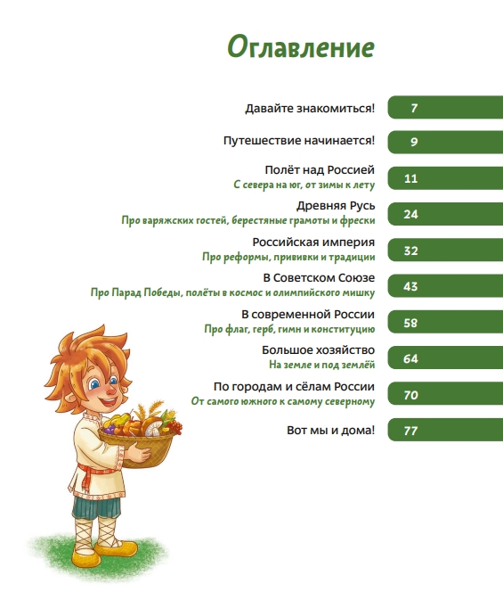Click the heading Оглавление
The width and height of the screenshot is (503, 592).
point(301,47)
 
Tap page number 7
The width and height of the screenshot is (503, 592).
point(414,109)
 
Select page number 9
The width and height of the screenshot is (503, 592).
point(414,142)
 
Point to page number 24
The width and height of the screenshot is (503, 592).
point(410,215)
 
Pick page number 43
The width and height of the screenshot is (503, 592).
point(410,286)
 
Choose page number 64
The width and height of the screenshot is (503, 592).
point(410,358)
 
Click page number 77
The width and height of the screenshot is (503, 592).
point(410,431)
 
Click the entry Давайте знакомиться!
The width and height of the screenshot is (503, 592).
point(310,109)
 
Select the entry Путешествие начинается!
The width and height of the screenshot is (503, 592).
point(299,141)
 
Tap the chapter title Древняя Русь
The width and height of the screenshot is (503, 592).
point(336,206)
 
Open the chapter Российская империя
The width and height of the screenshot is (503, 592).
point(313,242)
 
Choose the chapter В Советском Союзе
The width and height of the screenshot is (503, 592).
point(319,278)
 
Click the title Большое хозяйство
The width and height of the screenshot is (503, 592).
point(318,350)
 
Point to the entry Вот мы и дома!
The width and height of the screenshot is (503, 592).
point(330,430)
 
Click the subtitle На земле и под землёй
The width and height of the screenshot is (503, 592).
point(321,365)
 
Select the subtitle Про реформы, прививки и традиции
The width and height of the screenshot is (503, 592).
point(288,257)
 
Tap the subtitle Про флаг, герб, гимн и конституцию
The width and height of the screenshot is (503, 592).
point(289,329)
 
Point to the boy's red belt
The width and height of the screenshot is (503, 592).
point(87,476)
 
